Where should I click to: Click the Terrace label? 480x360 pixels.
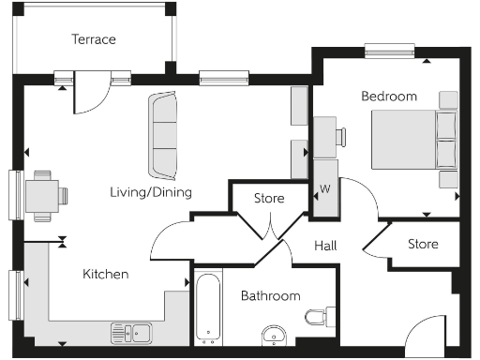94,39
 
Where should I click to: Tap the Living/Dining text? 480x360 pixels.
149,192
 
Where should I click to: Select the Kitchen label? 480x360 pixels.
106,274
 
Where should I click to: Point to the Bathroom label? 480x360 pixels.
271,295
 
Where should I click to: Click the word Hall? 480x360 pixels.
325,246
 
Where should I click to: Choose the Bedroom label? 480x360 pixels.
389,96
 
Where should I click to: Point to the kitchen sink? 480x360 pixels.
132,331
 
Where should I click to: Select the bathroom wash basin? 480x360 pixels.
275,335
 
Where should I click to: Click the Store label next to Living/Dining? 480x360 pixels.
270,198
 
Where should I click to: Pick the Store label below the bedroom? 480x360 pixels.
423,244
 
